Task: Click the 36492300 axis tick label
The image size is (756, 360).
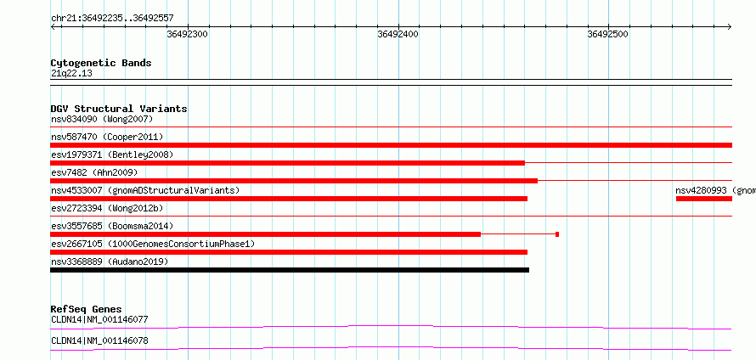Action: (188, 34)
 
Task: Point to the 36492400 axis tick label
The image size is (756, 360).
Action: (398, 34)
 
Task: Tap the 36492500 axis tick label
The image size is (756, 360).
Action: (607, 34)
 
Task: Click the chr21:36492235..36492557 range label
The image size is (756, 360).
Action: (112, 19)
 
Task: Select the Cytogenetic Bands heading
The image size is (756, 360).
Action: (101, 63)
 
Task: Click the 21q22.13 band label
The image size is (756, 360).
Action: (71, 74)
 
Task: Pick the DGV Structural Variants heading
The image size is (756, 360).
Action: (119, 109)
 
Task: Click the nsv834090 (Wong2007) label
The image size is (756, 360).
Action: (102, 119)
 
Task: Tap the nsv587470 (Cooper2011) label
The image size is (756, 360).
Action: (107, 137)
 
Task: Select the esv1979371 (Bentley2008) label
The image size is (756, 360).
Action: (112, 155)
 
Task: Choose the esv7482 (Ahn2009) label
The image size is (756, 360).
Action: (94, 172)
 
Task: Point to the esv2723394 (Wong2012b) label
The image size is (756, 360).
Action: (107, 208)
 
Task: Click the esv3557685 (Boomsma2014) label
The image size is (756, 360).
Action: (112, 226)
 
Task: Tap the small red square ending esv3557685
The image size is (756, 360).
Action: (557, 234)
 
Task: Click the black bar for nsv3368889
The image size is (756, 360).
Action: (290, 270)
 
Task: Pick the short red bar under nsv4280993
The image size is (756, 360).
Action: (704, 199)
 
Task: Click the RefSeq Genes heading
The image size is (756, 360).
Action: (87, 309)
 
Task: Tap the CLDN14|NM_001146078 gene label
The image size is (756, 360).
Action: (99, 340)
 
